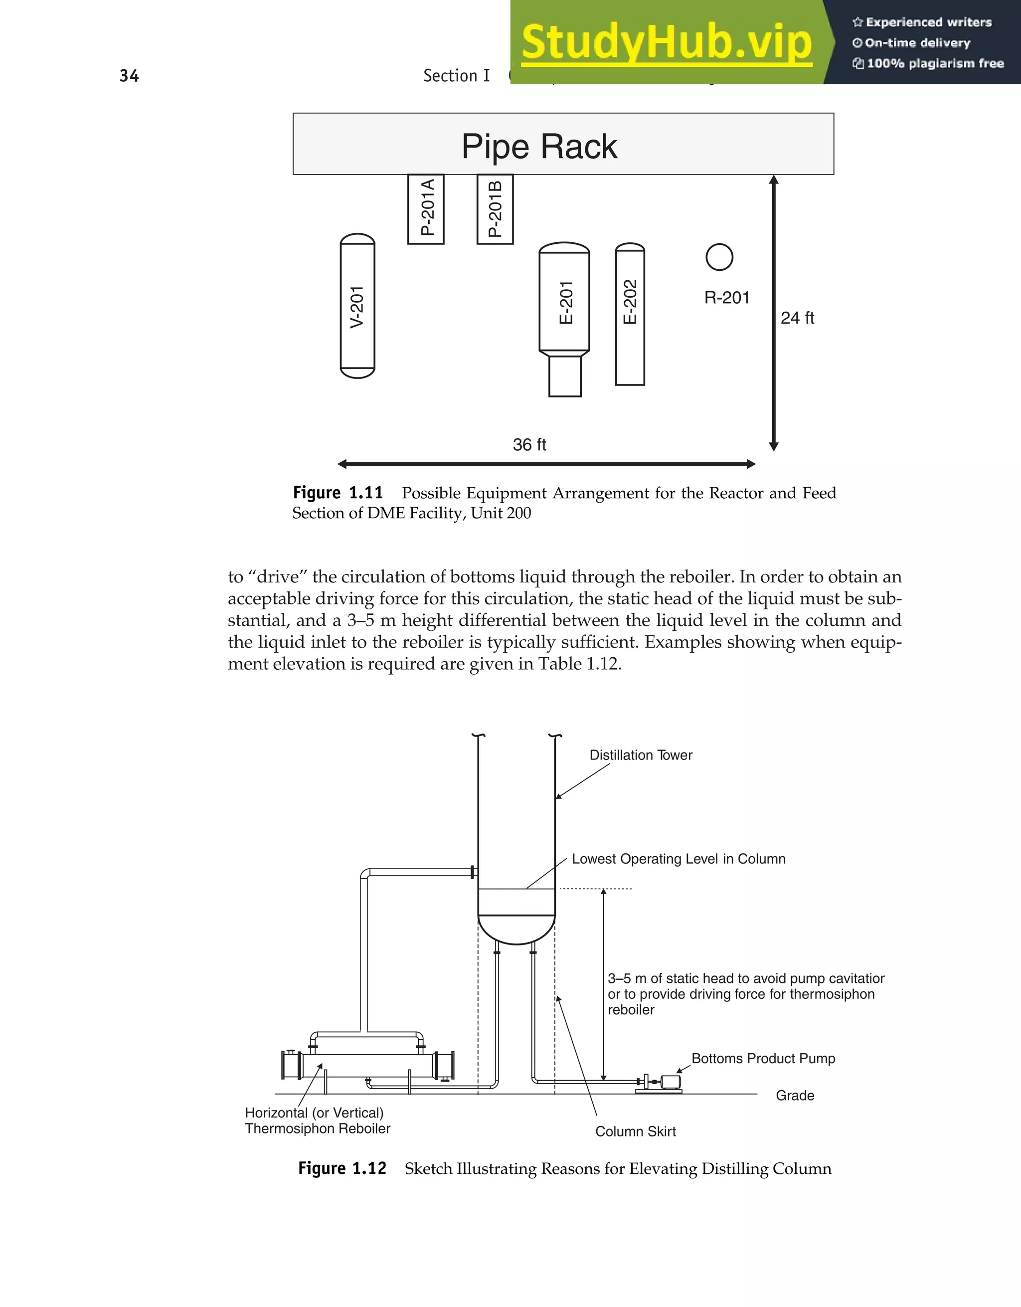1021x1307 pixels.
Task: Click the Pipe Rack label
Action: point(539,147)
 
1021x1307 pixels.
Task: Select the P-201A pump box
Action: point(426,209)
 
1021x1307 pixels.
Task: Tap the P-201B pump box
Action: point(495,209)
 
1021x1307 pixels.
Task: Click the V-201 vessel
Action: point(357,306)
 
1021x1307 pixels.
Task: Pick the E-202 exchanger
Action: point(630,314)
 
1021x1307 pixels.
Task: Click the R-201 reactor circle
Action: point(719,257)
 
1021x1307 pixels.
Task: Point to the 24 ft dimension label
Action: point(797,318)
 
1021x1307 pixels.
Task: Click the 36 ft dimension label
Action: point(529,445)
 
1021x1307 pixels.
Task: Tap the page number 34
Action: point(129,76)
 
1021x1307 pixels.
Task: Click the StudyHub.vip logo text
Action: point(667,42)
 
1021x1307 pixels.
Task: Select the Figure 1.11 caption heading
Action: point(338,493)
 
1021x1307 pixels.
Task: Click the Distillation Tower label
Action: point(641,755)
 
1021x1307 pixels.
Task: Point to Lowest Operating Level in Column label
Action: point(679,859)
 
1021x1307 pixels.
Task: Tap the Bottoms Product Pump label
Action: point(763,1058)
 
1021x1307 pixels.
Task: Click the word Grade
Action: point(794,1095)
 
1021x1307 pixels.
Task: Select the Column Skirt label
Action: point(635,1131)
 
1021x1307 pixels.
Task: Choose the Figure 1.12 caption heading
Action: point(342,1168)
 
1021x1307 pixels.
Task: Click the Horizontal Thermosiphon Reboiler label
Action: point(317,1120)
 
